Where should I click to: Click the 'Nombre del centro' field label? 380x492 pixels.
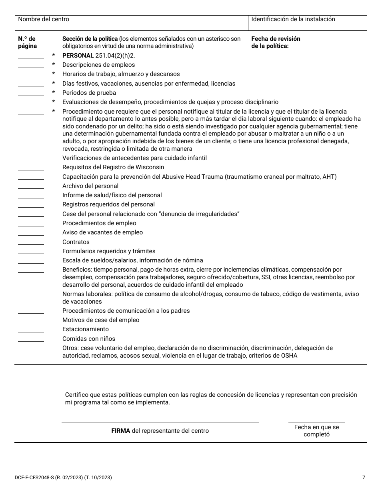tap(44, 19)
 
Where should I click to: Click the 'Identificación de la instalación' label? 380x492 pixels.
tap(293, 19)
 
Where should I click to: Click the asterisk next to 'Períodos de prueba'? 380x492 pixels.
tap(54, 93)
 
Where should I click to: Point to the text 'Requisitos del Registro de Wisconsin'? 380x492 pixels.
tap(113, 167)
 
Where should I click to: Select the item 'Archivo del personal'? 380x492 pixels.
tap(90, 186)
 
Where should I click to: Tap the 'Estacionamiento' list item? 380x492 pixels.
tap(86, 329)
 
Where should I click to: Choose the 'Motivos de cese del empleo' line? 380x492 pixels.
tap(101, 320)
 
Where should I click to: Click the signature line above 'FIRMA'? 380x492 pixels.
tap(160, 421)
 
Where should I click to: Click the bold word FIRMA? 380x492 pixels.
tap(120, 431)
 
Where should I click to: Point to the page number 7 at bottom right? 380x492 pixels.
tap(364, 478)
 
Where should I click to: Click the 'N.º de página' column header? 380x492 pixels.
tap(27, 42)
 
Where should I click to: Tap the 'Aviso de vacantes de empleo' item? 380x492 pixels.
tap(102, 232)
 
